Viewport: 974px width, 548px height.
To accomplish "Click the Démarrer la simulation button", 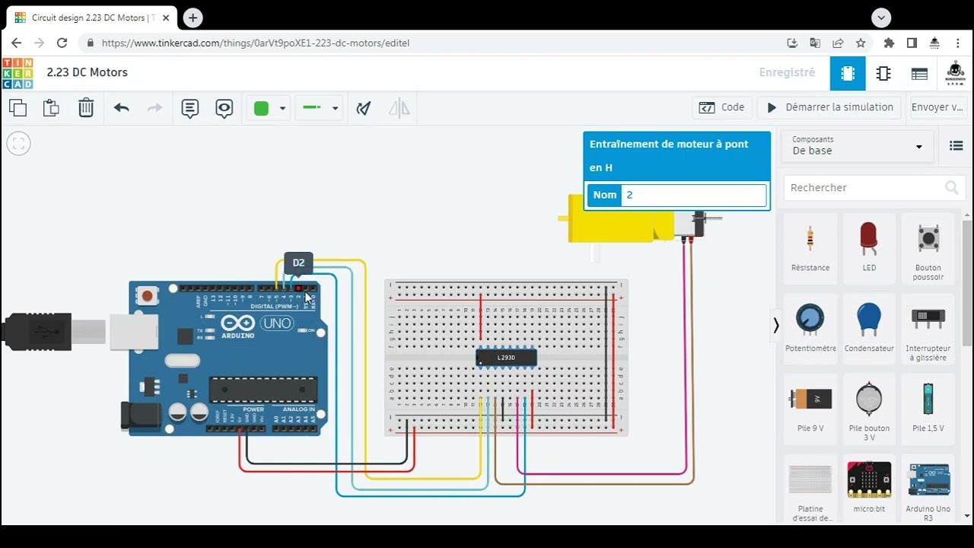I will coord(829,107).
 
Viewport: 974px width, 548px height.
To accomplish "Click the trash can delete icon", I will coord(86,108).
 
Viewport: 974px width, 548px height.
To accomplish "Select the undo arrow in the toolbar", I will coord(122,108).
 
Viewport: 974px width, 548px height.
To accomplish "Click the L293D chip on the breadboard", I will coord(506,357).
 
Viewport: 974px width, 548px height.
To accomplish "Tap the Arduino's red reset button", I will coord(148,294).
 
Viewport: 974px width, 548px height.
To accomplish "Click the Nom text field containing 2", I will coord(693,195).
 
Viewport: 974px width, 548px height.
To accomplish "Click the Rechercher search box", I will coord(864,187).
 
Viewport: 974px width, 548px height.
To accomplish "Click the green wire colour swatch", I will coord(261,108).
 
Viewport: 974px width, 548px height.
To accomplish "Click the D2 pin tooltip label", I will coord(298,263).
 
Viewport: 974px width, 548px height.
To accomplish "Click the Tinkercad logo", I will coord(18,73).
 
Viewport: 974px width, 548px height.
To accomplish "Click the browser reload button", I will coord(62,43).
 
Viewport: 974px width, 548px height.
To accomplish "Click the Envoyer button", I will coord(937,107).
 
